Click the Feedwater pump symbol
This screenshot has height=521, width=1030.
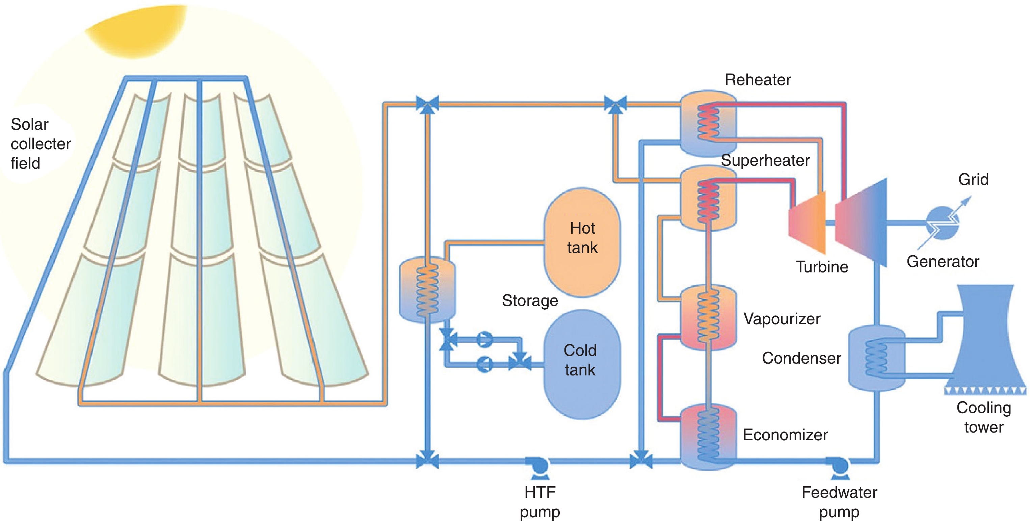tap(839, 466)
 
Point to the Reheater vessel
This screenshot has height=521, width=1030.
tap(708, 123)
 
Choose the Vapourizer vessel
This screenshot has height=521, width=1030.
tap(708, 317)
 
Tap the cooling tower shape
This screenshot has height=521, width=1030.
tap(984, 340)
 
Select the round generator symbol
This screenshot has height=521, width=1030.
tap(942, 223)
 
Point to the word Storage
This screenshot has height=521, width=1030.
tap(530, 300)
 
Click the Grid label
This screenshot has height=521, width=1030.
tap(973, 179)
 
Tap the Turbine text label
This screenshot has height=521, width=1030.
tap(822, 267)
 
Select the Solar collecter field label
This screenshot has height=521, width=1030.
tap(40, 144)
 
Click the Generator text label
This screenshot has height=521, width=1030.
tap(943, 261)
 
